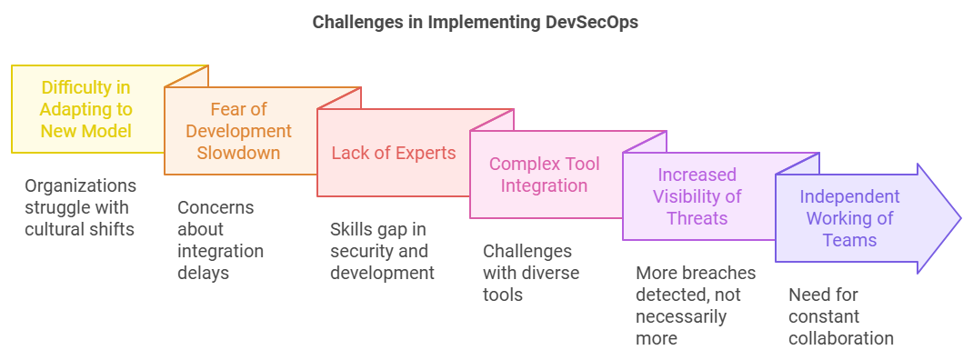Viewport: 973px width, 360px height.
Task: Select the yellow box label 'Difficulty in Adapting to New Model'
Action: [85, 109]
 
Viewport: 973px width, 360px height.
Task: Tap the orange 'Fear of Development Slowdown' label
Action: [239, 131]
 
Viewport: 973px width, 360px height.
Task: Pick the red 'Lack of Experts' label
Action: [393, 153]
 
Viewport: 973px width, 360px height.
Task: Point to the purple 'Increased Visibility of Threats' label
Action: [697, 196]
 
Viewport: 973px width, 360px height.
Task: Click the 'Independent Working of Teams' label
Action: [849, 218]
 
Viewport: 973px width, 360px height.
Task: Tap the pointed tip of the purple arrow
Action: [958, 218]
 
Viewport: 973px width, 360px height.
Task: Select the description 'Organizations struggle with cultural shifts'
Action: [80, 207]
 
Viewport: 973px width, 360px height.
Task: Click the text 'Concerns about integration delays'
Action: [220, 240]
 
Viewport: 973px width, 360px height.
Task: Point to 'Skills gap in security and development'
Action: [382, 251]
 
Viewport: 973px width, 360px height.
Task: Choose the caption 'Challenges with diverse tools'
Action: [531, 273]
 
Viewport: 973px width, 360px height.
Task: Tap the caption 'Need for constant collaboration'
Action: [841, 316]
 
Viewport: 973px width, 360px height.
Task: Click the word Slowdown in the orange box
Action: [239, 153]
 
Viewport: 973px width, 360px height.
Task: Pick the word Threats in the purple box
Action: [697, 218]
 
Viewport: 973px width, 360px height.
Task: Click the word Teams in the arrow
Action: [849, 240]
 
